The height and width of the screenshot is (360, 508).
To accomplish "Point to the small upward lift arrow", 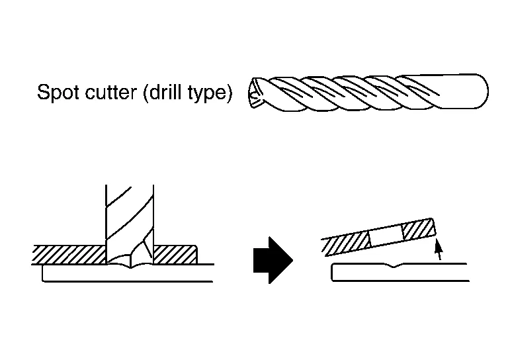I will [437, 251].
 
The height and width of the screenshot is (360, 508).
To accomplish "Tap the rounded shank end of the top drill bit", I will [480, 91].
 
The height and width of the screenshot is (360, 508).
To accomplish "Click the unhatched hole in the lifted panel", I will [385, 236].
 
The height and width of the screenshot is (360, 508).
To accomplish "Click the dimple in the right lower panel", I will [394, 267].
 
